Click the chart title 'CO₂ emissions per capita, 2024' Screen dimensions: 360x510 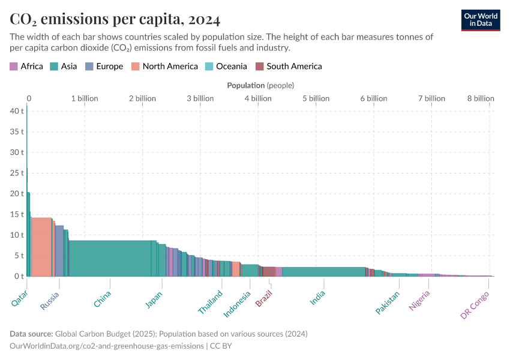tap(115, 19)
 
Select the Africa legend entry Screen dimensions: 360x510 tap(26, 67)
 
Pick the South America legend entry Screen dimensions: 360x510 tap(289, 67)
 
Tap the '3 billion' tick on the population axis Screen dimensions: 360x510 tap(200, 98)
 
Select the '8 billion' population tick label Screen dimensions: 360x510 tap(481, 98)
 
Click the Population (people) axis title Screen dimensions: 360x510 tap(260, 86)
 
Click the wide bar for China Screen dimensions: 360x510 tap(110, 258)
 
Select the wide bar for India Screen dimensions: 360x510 tap(323, 271)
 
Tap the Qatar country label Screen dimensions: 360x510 tap(19, 299)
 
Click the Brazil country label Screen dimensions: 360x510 tap(264, 298)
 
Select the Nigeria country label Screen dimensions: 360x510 tap(419, 301)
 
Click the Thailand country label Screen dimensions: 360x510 tap(211, 302)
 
